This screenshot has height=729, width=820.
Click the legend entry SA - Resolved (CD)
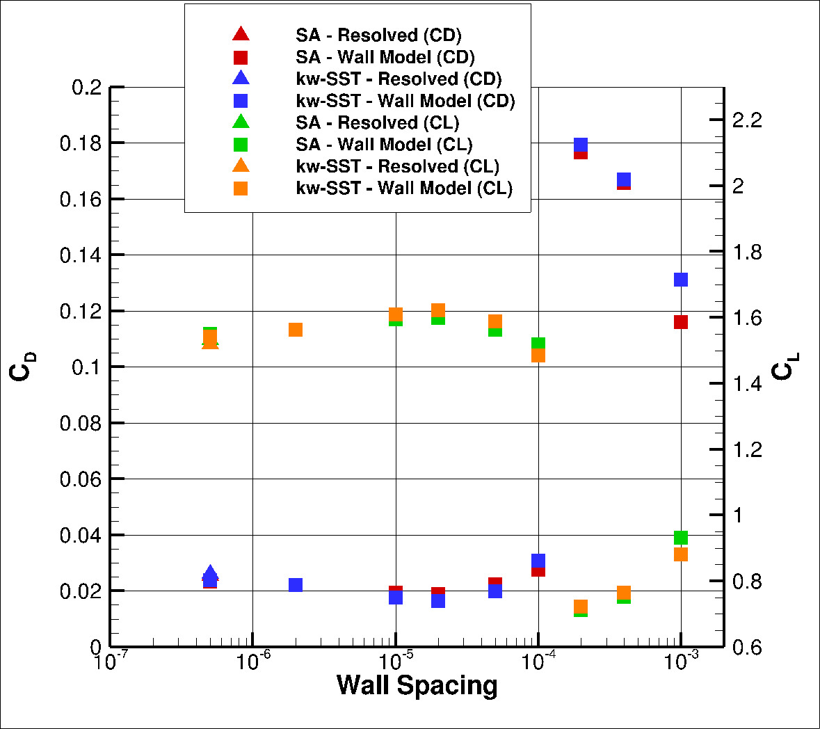click(378, 35)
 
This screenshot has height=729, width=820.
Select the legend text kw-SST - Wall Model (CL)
click(404, 188)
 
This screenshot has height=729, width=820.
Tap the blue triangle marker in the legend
click(241, 79)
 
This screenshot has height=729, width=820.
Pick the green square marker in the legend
click(241, 145)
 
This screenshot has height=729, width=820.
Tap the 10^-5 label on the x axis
click(396, 660)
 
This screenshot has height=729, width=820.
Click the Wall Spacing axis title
click(417, 685)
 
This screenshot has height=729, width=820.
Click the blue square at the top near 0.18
click(581, 145)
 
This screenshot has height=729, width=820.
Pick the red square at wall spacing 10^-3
click(681, 322)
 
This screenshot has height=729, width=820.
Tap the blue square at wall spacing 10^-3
click(681, 280)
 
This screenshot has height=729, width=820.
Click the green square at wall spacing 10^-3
click(681, 538)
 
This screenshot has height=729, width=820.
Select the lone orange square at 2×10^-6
click(296, 330)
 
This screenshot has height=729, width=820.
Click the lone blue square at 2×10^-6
click(296, 585)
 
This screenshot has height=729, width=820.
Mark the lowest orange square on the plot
click(581, 607)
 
